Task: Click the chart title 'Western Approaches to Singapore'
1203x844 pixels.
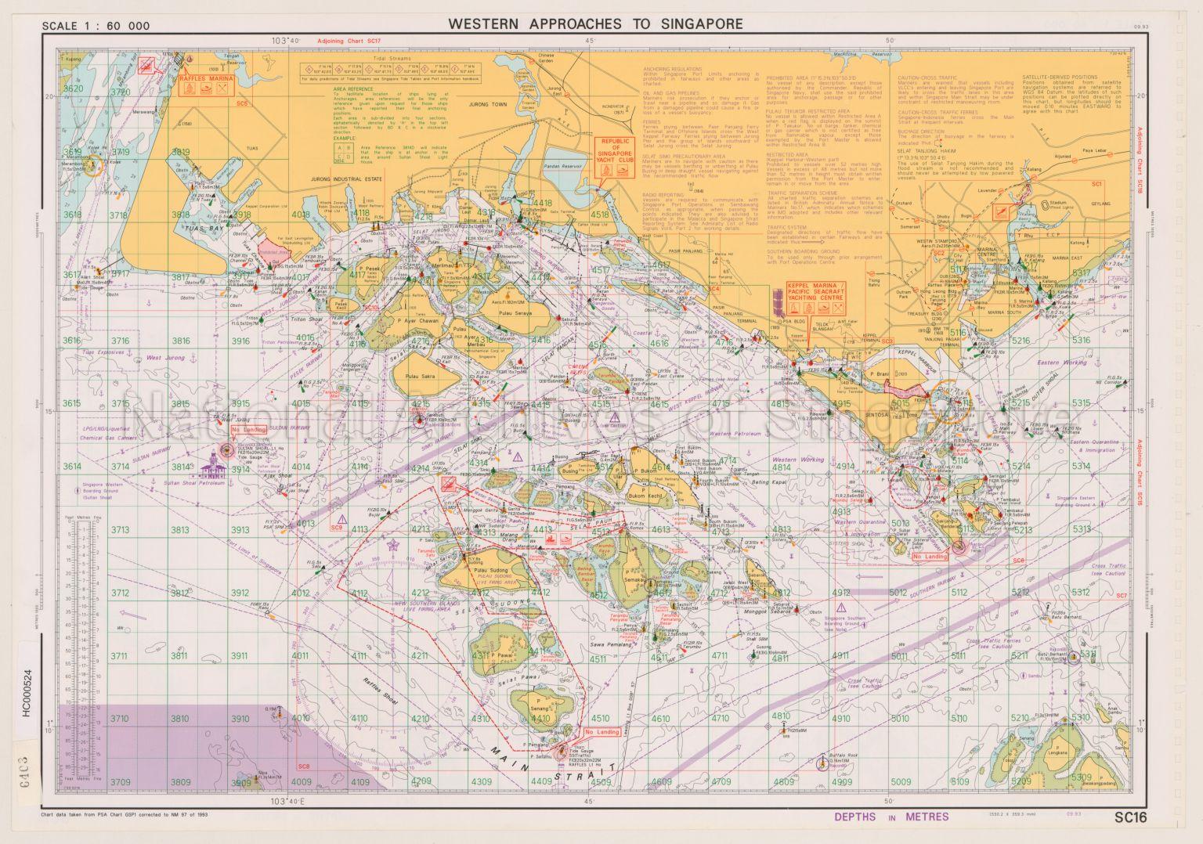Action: point(595,23)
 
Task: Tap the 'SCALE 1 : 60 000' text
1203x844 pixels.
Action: point(96,26)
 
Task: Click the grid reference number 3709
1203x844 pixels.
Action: point(119,781)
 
